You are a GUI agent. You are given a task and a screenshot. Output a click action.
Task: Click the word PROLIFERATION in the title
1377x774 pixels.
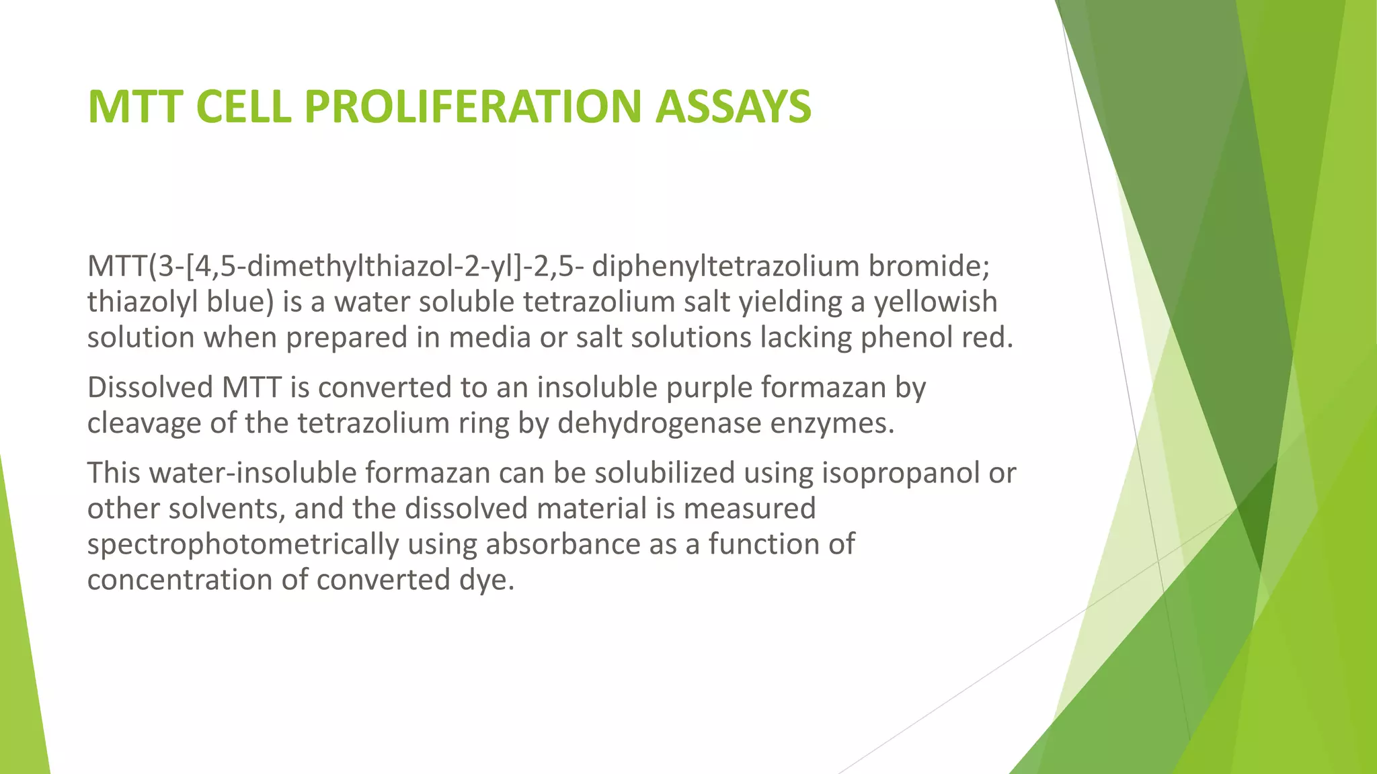coord(474,107)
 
